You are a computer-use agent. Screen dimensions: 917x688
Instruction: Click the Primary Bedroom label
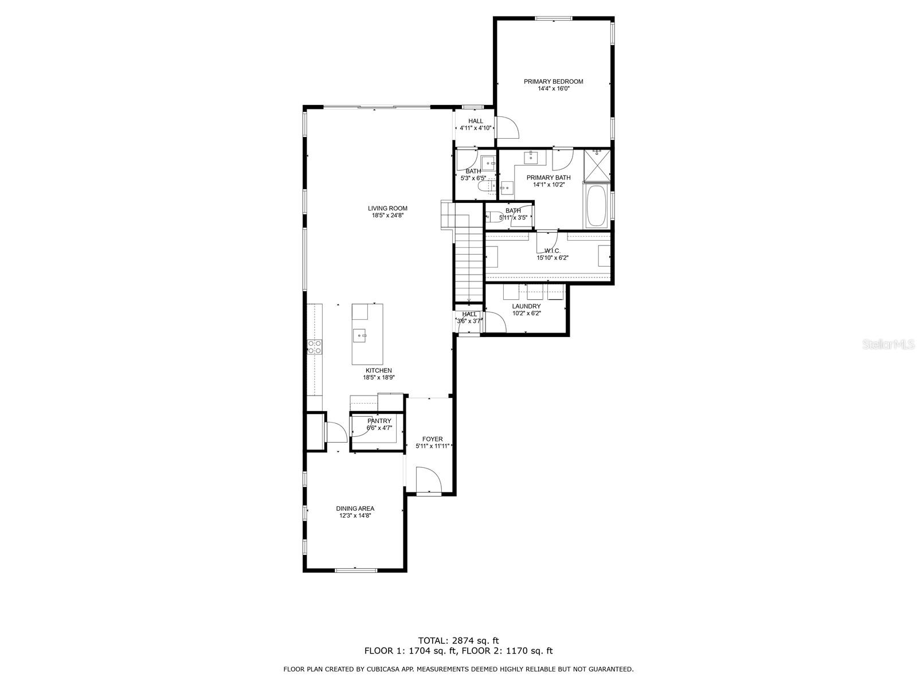553,81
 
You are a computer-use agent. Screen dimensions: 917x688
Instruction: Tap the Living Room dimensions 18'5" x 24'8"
387,216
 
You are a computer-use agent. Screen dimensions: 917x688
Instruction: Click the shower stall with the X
597,166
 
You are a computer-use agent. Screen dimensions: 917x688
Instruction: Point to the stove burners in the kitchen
315,347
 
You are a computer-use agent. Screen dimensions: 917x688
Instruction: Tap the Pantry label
379,421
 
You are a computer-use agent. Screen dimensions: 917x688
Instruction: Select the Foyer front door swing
429,479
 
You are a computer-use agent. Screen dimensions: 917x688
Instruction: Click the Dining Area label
355,509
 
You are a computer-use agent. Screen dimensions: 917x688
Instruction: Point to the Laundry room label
526,306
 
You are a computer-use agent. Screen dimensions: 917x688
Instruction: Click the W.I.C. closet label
552,251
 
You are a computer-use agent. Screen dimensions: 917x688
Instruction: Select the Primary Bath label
548,178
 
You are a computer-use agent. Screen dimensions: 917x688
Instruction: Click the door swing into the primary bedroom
506,127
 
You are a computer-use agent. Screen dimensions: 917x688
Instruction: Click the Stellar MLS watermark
888,345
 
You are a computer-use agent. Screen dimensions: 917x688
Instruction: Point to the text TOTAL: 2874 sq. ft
458,640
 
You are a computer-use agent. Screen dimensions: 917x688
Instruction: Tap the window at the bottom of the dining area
355,569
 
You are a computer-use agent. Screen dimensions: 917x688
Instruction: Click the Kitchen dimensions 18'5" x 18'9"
379,377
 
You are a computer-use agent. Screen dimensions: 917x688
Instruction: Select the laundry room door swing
495,322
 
